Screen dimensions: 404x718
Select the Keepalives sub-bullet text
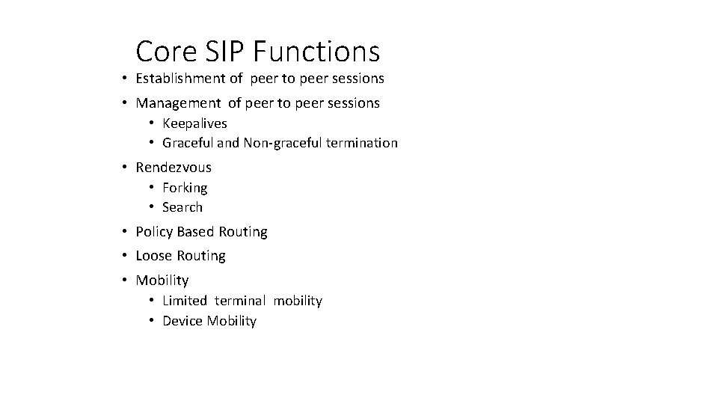coord(194,123)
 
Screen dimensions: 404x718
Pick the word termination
coord(363,142)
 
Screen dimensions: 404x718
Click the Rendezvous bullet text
coord(174,167)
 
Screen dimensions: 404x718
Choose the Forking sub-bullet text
coord(185,187)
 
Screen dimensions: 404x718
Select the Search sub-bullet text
coord(182,206)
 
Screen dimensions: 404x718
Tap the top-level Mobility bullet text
coord(162,281)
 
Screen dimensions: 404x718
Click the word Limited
coord(185,301)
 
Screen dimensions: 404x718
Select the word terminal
coord(239,301)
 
